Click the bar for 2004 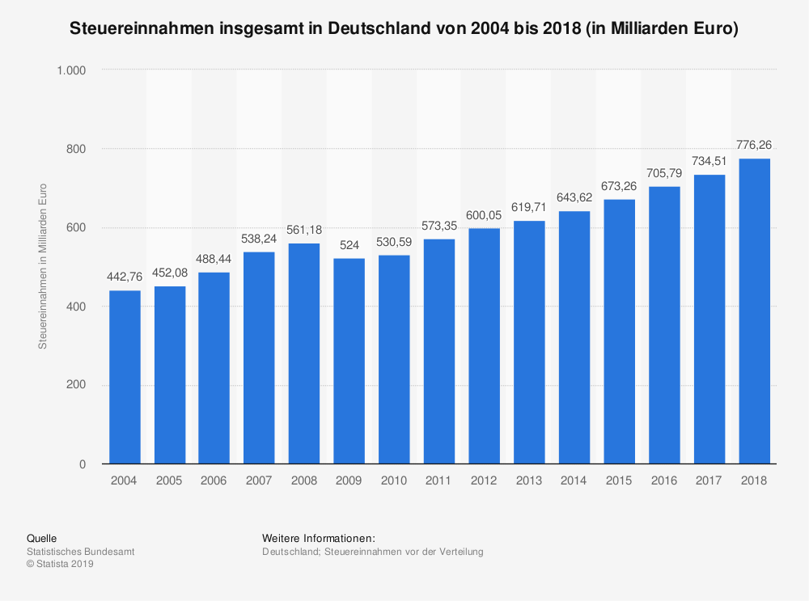coord(125,377)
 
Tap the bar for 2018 coord(754,311)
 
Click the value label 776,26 coord(754,146)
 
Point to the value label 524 coord(349,245)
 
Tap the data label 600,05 coord(485,215)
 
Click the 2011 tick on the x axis coord(439,480)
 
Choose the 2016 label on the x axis coord(664,480)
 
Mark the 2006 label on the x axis coord(214,480)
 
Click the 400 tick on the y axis coord(77,307)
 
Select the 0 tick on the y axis coord(83,464)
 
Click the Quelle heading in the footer coord(41,538)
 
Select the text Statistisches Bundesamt coord(81,552)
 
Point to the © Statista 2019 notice coord(61,565)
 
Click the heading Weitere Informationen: coord(318,538)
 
